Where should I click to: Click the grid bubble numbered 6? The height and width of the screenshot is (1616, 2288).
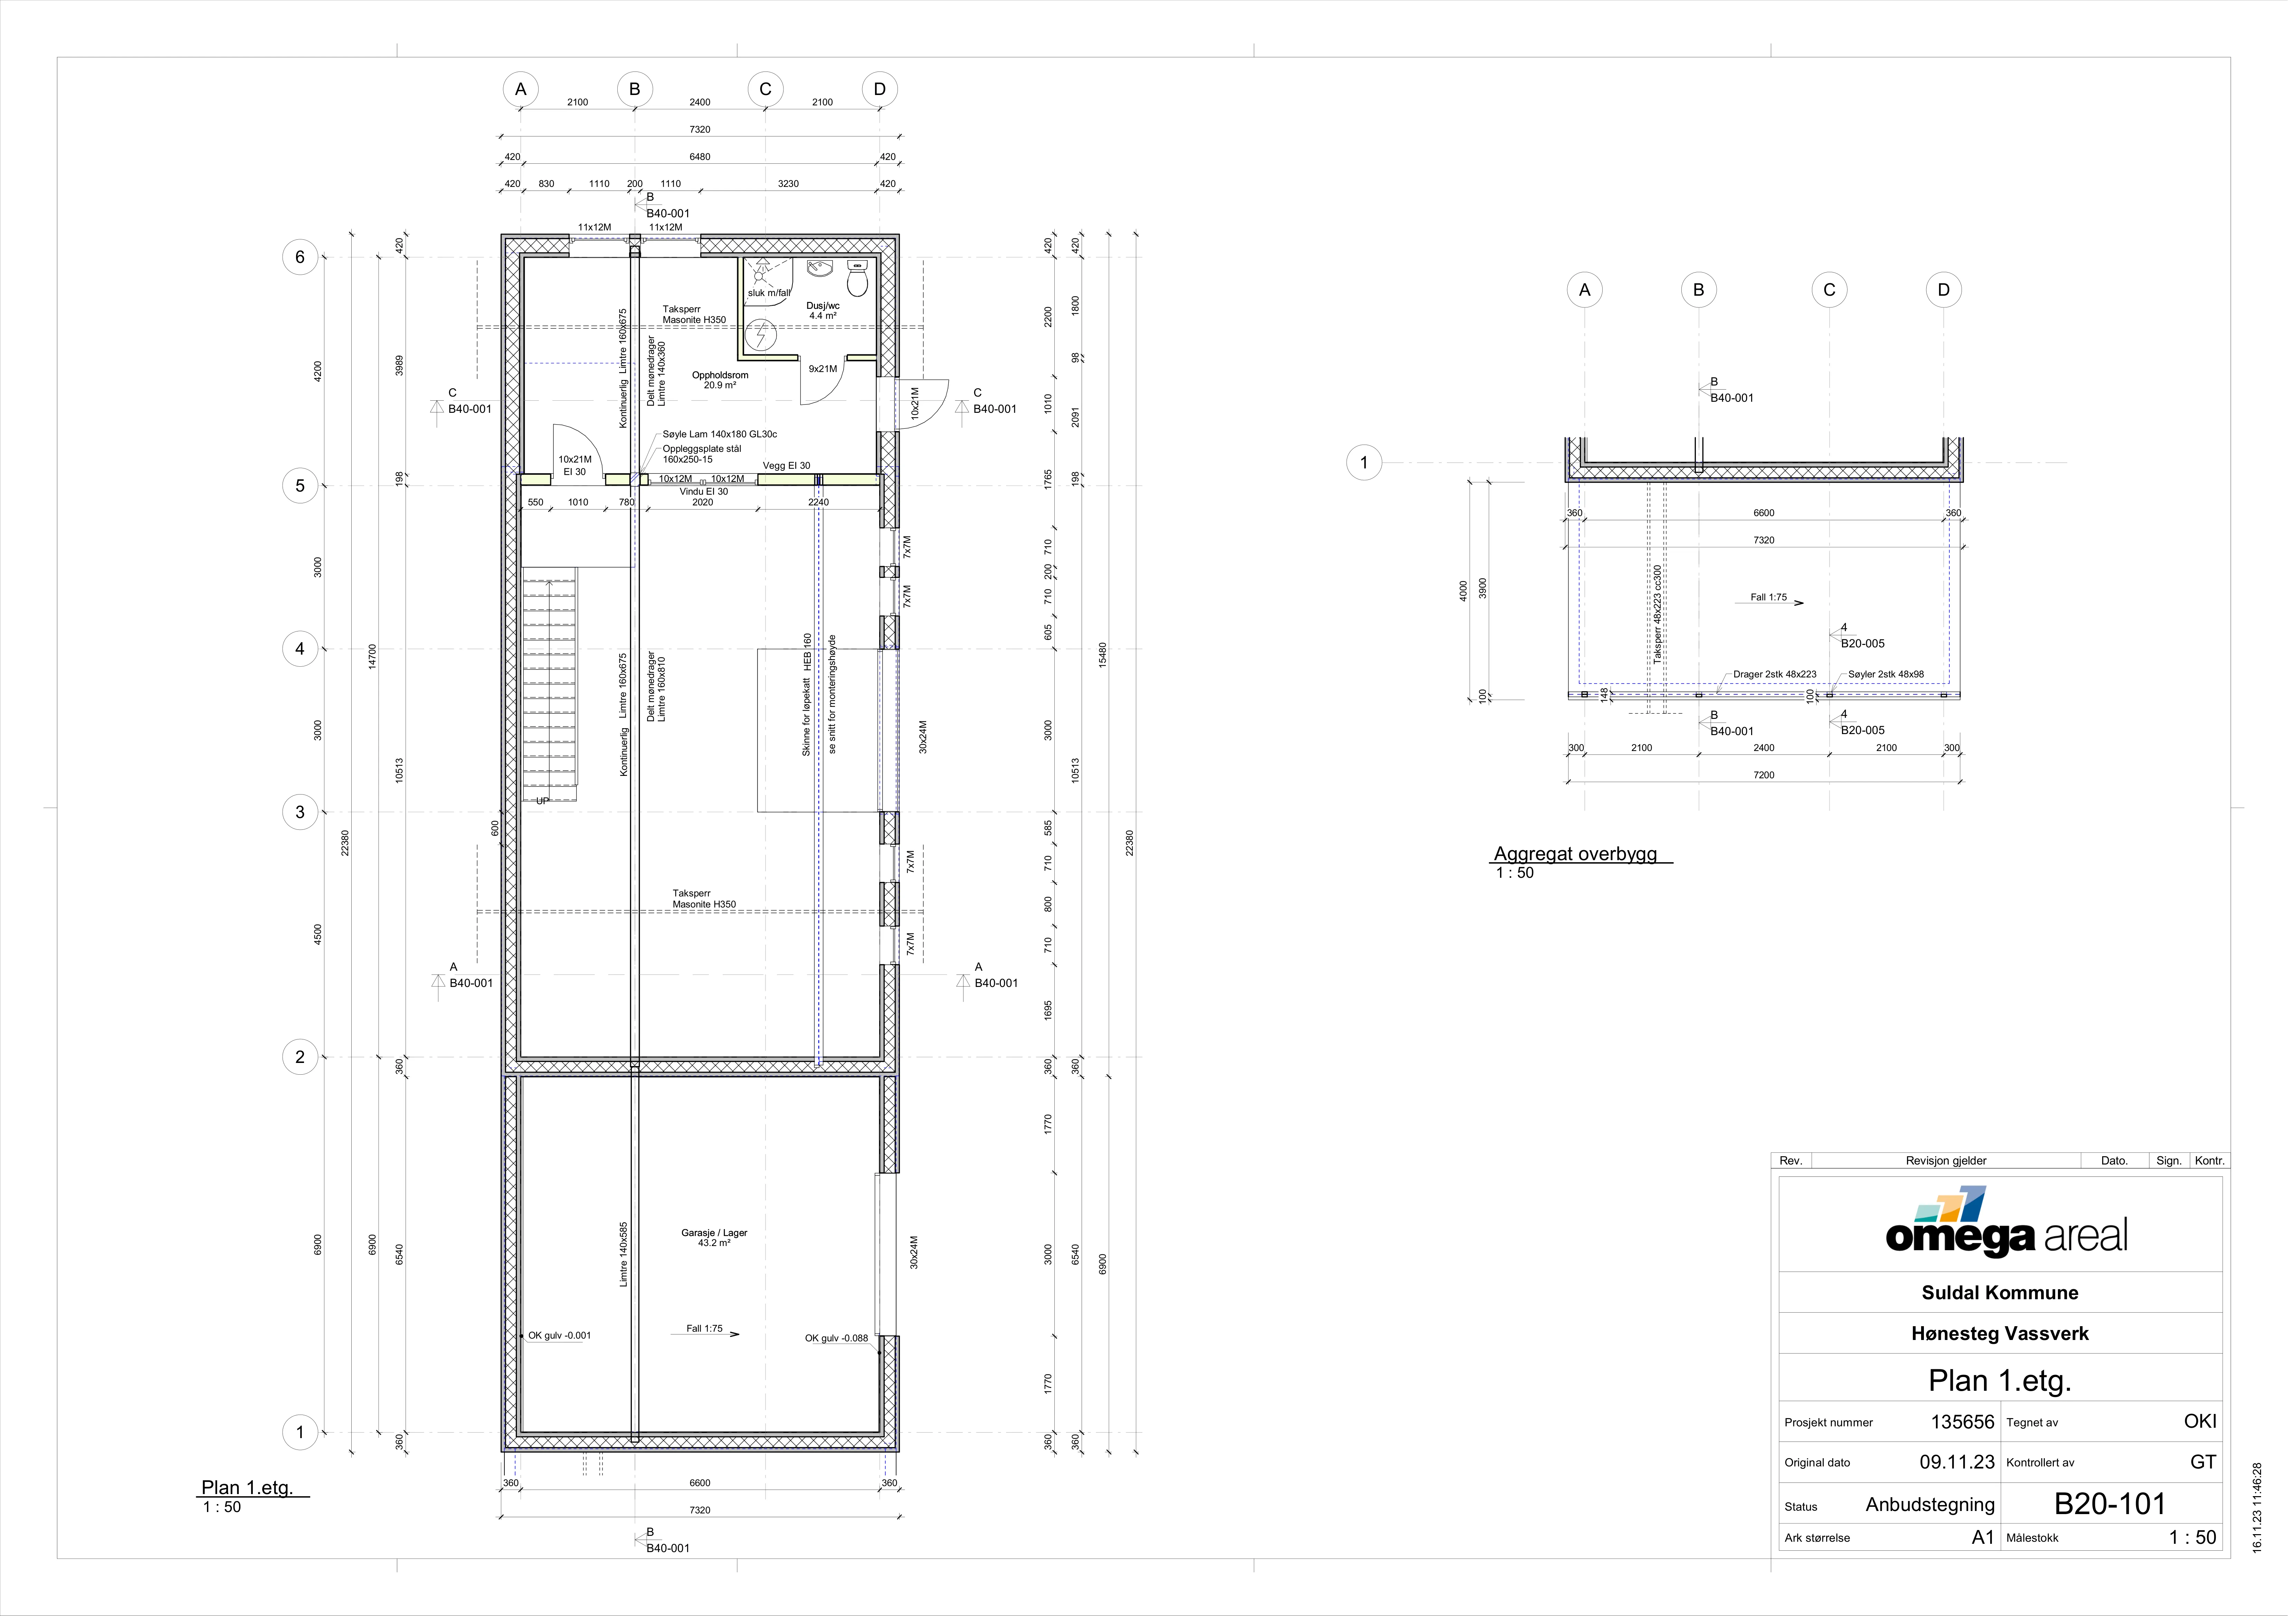pyautogui.click(x=300, y=257)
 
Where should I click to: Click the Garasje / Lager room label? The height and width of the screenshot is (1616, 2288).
pyautogui.click(x=713, y=1237)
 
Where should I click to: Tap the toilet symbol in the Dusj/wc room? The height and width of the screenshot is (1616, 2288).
pyautogui.click(x=857, y=279)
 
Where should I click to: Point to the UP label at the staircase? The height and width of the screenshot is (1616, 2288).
pyautogui.click(x=542, y=801)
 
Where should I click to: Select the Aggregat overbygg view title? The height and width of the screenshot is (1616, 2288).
pyautogui.click(x=1575, y=854)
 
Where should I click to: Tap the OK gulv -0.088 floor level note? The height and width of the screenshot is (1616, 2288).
pyautogui.click(x=836, y=1338)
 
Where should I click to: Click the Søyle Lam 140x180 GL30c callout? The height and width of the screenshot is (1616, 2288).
pyautogui.click(x=720, y=434)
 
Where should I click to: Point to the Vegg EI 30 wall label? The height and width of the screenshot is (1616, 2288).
pyautogui.click(x=786, y=465)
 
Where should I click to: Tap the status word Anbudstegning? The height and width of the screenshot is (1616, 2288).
pyautogui.click(x=1930, y=1504)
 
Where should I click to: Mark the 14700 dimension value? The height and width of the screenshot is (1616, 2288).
pyautogui.click(x=372, y=657)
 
